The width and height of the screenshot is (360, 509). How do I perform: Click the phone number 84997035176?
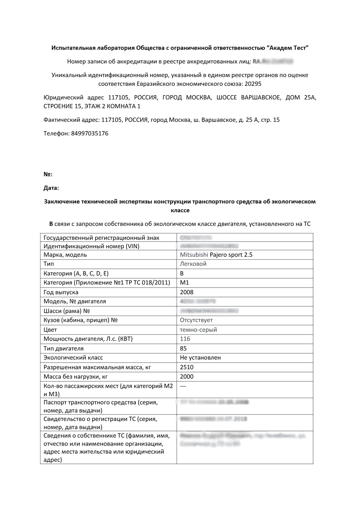point(89,133)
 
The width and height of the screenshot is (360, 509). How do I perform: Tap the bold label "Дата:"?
point(51,188)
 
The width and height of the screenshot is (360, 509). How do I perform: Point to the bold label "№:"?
point(48,174)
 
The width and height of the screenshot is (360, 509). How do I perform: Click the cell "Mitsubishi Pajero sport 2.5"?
point(216,255)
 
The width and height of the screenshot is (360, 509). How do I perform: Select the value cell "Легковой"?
point(193,264)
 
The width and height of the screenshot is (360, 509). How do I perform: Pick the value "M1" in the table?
point(184,283)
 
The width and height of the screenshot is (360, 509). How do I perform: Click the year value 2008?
point(186,292)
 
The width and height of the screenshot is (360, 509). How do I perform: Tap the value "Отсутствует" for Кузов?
point(196,320)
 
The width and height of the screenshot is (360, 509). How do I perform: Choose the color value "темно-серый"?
point(198,330)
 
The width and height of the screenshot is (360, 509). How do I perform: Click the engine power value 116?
point(185,339)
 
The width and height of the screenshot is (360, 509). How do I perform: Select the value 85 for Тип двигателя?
point(183,349)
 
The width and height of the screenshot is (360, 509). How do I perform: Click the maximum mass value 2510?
point(186,367)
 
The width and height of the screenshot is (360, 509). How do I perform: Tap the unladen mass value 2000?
point(186,377)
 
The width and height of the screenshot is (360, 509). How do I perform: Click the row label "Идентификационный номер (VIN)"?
point(91,246)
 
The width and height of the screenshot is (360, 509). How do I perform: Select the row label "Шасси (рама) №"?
point(66,311)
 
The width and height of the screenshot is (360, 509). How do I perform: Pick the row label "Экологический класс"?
point(73,358)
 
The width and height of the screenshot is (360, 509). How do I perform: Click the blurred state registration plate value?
point(196,238)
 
